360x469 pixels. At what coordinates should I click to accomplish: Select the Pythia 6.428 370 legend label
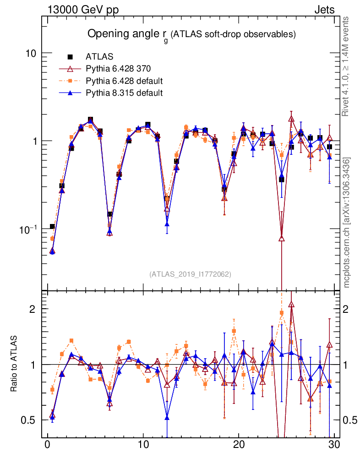[x=118, y=69]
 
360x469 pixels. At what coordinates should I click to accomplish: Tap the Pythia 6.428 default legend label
[x=124, y=81]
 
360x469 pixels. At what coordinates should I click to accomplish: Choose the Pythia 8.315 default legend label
[x=124, y=93]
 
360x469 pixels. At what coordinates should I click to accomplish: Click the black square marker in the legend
[x=71, y=57]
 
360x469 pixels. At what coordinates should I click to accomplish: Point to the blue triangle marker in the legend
[x=71, y=93]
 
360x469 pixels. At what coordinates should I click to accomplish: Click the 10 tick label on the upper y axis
[x=31, y=53]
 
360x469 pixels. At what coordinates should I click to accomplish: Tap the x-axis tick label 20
[x=239, y=445]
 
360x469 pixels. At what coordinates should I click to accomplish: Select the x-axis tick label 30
[x=334, y=445]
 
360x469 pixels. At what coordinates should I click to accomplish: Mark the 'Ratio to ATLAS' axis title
[x=14, y=364]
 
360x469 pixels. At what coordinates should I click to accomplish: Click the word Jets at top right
[x=324, y=10]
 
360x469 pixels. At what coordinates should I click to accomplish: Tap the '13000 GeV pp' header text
[x=82, y=10]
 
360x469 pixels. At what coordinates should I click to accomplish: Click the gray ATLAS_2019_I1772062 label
[x=190, y=274]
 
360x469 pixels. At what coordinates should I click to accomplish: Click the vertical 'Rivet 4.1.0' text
[x=347, y=66]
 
